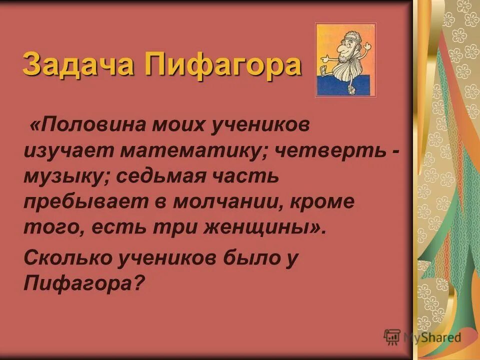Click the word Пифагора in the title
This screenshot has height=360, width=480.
coord(223,64)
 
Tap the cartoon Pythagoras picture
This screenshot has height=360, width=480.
coord(345,60)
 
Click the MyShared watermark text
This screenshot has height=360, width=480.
coord(432,337)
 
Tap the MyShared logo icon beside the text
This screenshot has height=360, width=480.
coord(392,337)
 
